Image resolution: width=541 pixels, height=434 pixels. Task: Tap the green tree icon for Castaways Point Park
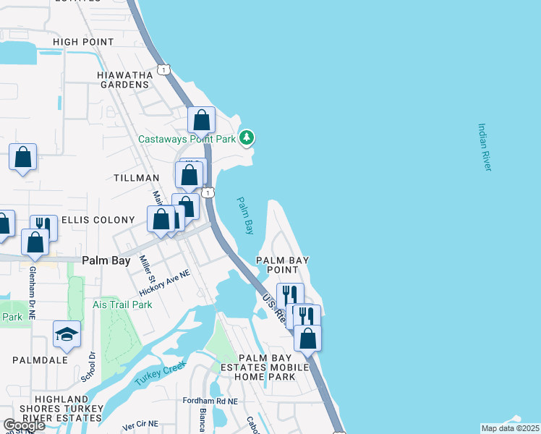[x=247, y=137]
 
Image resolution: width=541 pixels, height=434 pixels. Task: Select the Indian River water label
[x=484, y=147]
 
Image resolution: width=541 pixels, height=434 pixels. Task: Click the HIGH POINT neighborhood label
[x=88, y=42]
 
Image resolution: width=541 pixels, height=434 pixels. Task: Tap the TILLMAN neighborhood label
[x=136, y=178]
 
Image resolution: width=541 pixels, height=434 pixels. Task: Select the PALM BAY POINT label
[x=283, y=265]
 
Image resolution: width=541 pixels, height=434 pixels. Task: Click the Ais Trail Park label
[x=122, y=305]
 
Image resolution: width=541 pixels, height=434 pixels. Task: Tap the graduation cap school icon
[x=67, y=333]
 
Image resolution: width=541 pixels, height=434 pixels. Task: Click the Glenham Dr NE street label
[x=32, y=292]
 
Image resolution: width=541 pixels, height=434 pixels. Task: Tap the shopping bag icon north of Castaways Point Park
[x=202, y=119]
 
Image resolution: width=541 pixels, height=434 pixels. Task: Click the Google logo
[x=25, y=425]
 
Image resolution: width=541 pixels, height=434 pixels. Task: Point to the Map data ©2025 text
[x=511, y=428]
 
